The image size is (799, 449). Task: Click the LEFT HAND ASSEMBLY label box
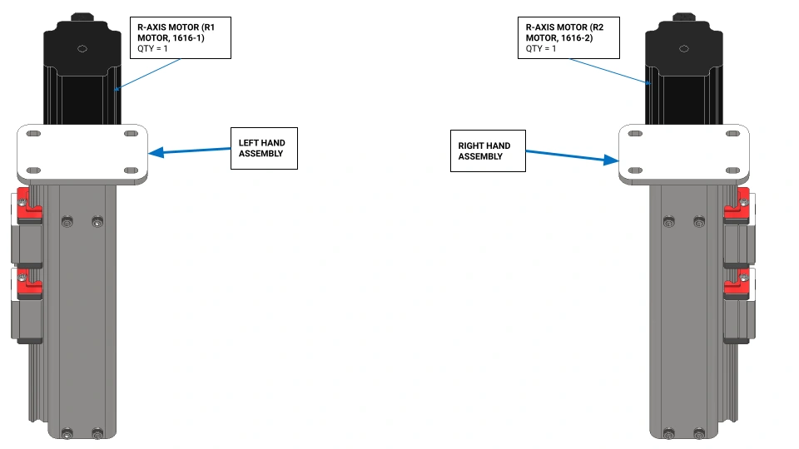(264, 148)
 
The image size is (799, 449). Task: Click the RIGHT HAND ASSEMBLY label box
(488, 150)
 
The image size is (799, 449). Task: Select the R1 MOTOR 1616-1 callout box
(181, 37)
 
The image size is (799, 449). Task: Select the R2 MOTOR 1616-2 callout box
(568, 37)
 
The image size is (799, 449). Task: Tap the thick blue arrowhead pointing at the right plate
(611, 160)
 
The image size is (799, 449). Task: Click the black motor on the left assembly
(82, 69)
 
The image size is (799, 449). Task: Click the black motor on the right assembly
(684, 69)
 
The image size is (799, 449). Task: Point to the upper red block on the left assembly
(29, 205)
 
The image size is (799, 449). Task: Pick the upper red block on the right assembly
(737, 205)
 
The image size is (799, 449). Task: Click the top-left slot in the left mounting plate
(33, 134)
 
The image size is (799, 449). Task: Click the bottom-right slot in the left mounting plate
(131, 170)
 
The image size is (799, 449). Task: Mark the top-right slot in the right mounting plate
(732, 134)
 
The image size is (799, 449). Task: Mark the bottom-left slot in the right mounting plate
(635, 170)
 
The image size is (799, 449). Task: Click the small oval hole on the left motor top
(82, 49)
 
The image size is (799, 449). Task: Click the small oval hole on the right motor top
(684, 49)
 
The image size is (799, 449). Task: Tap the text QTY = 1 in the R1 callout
(152, 49)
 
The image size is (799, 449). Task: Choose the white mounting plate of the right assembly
(684, 154)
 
